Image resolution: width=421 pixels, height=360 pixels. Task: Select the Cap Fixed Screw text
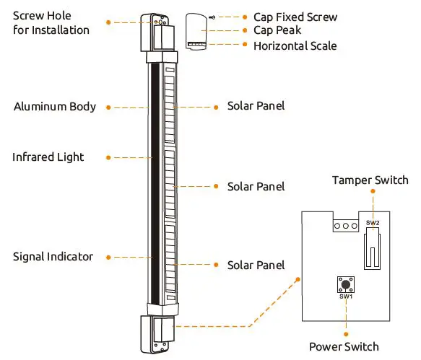(x=295, y=17)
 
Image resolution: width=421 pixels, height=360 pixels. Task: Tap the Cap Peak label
(x=277, y=31)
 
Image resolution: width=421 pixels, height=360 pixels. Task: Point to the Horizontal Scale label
(x=295, y=45)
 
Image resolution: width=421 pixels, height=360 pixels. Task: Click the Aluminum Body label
(x=55, y=107)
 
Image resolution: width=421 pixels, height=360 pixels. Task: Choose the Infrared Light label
(x=48, y=157)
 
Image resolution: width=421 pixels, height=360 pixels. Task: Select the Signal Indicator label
(x=53, y=257)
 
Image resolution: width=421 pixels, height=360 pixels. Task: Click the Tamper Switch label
(x=370, y=180)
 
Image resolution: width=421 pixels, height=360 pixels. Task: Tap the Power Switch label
(x=344, y=346)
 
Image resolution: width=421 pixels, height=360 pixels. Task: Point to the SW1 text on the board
(x=345, y=297)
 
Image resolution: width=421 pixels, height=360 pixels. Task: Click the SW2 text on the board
(x=372, y=224)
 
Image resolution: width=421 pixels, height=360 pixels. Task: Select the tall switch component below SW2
(x=372, y=249)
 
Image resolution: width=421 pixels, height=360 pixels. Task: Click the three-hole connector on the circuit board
(x=346, y=225)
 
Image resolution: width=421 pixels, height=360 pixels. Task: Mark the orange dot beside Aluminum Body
(x=108, y=107)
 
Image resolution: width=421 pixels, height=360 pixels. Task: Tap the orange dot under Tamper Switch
(x=373, y=192)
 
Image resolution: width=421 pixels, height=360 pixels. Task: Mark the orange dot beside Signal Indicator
(x=108, y=257)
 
